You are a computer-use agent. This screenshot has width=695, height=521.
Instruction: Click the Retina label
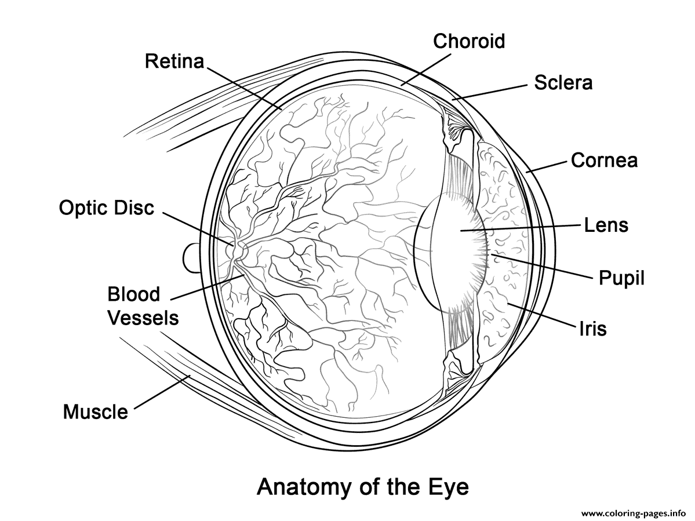174,61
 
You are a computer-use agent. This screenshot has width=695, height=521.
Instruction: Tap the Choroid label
469,41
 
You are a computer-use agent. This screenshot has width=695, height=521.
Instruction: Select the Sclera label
563,82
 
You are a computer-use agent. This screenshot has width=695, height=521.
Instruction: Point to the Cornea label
604,160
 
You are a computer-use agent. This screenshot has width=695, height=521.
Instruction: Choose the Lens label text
606,225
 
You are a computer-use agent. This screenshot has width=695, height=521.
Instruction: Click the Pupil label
621,278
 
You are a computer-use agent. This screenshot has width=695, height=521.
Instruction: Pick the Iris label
592,328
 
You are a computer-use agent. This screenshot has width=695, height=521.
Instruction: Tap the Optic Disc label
107,207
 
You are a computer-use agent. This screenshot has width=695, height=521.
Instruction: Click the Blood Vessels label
143,305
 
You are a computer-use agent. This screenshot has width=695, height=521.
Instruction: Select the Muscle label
95,411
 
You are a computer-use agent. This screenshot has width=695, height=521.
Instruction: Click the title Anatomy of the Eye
362,487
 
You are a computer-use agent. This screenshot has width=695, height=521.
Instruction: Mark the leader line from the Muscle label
162,392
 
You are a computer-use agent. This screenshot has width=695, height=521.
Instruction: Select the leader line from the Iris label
541,315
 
